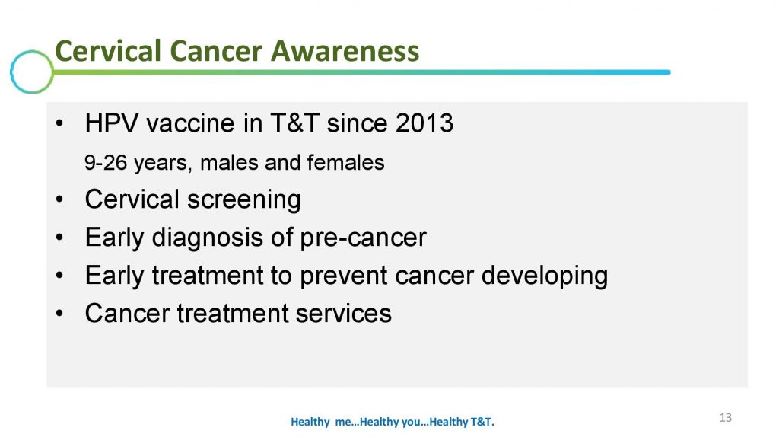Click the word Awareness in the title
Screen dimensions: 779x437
point(345,51)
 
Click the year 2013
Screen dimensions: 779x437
point(424,123)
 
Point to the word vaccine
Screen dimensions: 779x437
point(191,123)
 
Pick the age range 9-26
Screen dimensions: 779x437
point(106,163)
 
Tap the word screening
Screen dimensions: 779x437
point(244,200)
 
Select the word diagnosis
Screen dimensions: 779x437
point(208,238)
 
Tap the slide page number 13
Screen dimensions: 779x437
point(725,418)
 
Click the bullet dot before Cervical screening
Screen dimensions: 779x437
point(59,200)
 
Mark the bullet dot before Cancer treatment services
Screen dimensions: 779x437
point(59,314)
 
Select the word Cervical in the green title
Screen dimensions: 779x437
point(108,51)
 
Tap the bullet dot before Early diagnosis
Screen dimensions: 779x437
point(59,238)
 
